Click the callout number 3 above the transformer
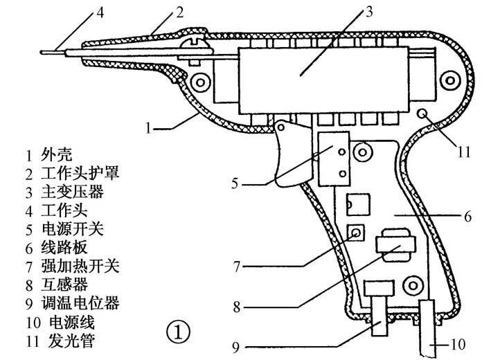[x=369, y=11]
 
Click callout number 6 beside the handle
[x=467, y=217]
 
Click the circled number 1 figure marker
[x=177, y=332]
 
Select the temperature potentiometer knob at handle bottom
[x=378, y=317]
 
